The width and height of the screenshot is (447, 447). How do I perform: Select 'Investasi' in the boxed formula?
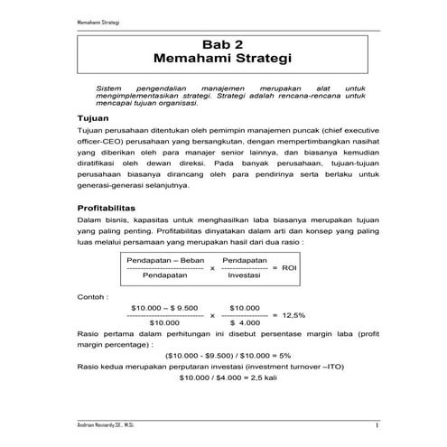coord(243,276)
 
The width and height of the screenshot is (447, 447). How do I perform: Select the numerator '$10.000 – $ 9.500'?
coord(164,307)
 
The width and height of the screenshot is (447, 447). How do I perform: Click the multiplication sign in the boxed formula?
coord(211,268)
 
